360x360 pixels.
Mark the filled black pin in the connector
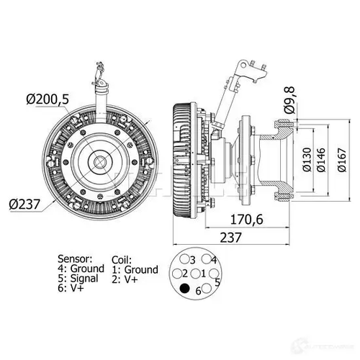point(186,289)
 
